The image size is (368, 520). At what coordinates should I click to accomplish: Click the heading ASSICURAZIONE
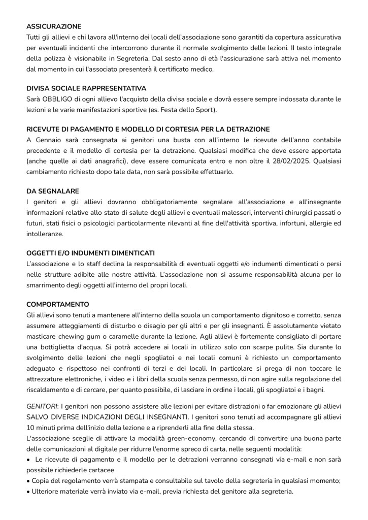pyautogui.click(x=54, y=26)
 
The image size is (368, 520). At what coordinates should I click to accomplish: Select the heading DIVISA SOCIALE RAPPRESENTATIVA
pyautogui.click(x=86, y=88)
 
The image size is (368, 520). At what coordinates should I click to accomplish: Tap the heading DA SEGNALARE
pyautogui.click(x=53, y=191)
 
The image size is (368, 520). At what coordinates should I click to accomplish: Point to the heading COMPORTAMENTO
pyautogui.click(x=58, y=305)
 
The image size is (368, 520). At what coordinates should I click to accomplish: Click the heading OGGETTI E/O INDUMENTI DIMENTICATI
pyautogui.click(x=91, y=253)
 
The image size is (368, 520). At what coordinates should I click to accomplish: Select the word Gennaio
pyautogui.click(x=50, y=140)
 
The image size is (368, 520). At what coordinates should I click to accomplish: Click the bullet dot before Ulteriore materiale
pyautogui.click(x=28, y=492)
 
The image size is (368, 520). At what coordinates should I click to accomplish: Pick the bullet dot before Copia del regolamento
pyautogui.click(x=28, y=481)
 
